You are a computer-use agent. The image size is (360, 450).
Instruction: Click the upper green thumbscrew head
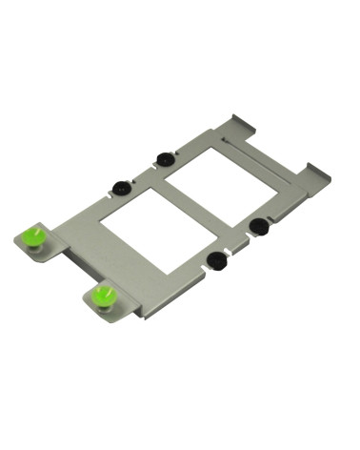tap(35, 234)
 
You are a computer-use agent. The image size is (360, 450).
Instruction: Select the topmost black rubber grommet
tap(164, 157)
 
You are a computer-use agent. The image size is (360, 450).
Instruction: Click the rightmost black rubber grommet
tap(257, 225)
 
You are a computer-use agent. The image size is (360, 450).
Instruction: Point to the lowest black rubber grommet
tap(216, 257)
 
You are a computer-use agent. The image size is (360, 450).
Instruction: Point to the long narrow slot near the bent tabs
tap(261, 155)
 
